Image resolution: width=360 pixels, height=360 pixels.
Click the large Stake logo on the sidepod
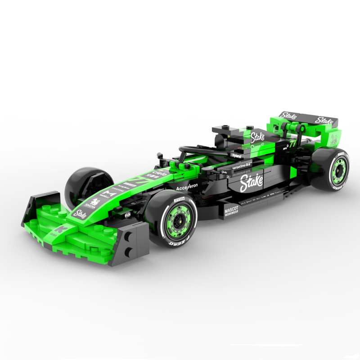click(x=249, y=183)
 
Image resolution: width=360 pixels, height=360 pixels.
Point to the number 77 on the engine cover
click(x=293, y=145)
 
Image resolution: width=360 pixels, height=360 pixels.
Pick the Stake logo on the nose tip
click(x=80, y=214)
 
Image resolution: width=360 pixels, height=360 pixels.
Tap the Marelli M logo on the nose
click(x=107, y=195)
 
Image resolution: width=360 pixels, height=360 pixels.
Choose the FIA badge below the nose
click(x=127, y=215)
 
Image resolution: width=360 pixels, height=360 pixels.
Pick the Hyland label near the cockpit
click(x=237, y=156)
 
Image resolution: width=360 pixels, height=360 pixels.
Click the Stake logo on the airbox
click(x=258, y=135)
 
